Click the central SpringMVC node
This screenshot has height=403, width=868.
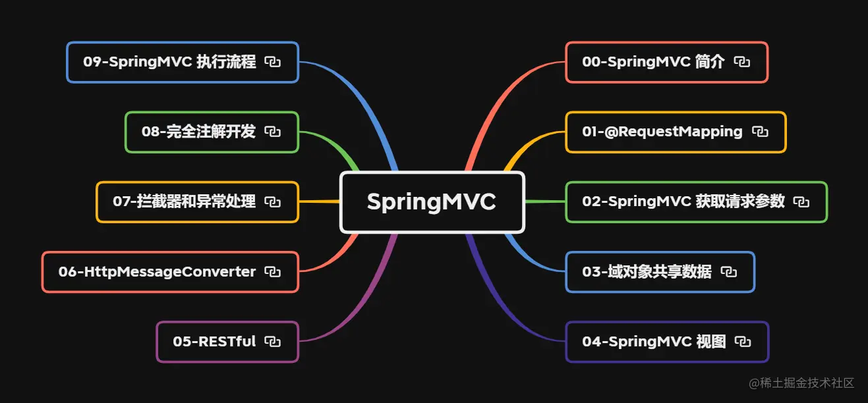[x=432, y=202]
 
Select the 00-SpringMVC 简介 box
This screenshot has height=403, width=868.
[x=652, y=63]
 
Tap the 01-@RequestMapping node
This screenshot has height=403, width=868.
[x=662, y=132]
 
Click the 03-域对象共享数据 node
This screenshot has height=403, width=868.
[x=647, y=272]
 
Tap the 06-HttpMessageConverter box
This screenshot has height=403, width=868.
[x=157, y=272]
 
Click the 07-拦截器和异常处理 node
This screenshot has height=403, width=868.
[x=184, y=201]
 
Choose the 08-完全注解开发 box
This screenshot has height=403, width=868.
[x=198, y=132]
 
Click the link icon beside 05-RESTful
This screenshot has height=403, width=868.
[x=273, y=342]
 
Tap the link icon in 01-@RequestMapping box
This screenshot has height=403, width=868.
[x=760, y=132]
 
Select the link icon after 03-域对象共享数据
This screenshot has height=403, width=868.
[x=729, y=272]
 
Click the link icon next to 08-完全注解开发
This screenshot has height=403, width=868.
[x=273, y=132]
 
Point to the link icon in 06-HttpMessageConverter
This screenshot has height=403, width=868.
[x=273, y=272]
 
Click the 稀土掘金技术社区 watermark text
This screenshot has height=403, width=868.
[x=806, y=383]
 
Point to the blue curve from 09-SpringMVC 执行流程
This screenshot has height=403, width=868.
[x=369, y=105]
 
